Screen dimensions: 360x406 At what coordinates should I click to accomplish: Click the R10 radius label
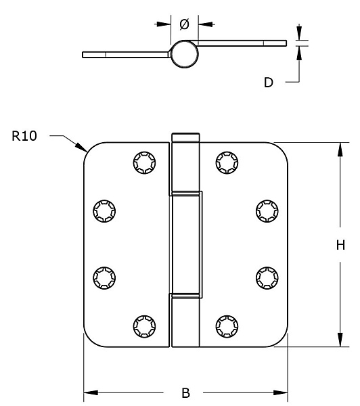pos(24,136)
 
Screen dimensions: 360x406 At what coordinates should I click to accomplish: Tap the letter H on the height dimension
pos(340,245)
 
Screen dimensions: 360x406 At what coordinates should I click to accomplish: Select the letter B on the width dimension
pos(185,392)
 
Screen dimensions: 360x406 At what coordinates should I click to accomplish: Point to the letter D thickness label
pos(269,83)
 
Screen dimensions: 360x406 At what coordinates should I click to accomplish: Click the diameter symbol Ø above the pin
pos(185,24)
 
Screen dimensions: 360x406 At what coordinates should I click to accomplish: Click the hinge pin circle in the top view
pos(185,54)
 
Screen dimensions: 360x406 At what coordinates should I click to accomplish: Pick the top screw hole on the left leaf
pos(145,162)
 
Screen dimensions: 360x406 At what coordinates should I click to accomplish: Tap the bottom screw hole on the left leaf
pos(145,326)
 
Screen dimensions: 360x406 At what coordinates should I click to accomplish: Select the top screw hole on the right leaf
pos(227,162)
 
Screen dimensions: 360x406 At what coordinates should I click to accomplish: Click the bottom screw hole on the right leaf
pos(227,326)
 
